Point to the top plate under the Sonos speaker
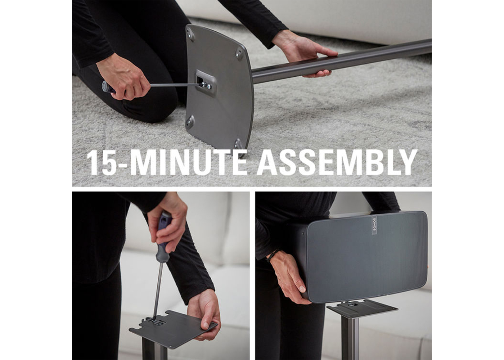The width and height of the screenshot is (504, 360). (362, 308)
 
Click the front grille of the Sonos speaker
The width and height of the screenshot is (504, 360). (367, 256)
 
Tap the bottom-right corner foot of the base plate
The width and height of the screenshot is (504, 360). (238, 144)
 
